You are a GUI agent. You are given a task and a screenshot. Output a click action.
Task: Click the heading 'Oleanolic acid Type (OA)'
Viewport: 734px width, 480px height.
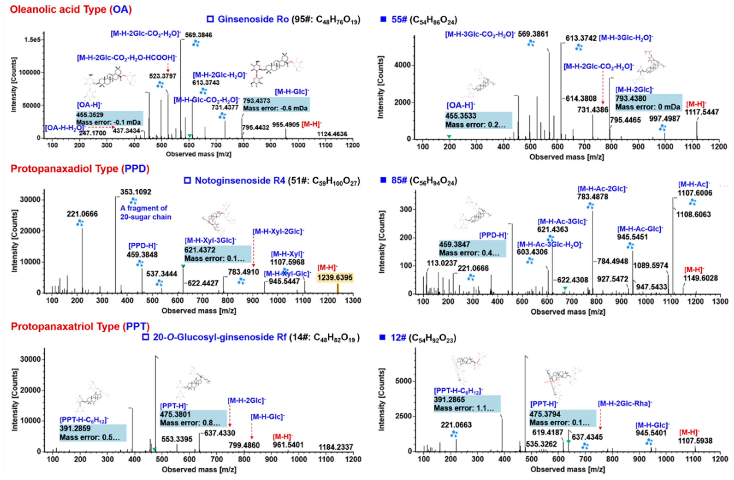point(71,9)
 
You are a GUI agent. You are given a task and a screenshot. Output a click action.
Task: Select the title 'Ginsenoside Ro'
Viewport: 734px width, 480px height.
point(253,19)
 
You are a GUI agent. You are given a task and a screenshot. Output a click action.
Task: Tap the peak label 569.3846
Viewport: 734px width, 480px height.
point(198,35)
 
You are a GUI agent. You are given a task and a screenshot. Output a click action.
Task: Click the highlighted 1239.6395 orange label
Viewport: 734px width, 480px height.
point(335,277)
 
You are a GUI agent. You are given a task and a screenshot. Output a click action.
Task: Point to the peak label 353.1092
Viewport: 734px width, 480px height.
point(136,192)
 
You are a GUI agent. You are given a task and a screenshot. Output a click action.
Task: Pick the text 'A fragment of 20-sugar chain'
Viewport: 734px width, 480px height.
point(146,213)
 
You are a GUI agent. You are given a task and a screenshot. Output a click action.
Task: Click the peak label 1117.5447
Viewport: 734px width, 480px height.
point(702,112)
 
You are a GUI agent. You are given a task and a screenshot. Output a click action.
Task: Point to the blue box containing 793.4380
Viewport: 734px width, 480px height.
point(649,102)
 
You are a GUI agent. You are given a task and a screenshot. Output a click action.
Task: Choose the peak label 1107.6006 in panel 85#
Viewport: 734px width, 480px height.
point(694,193)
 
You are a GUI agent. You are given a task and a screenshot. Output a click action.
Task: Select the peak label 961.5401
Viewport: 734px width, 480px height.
point(288,445)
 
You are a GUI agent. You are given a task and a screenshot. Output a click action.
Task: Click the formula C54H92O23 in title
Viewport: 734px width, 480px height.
point(432,338)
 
